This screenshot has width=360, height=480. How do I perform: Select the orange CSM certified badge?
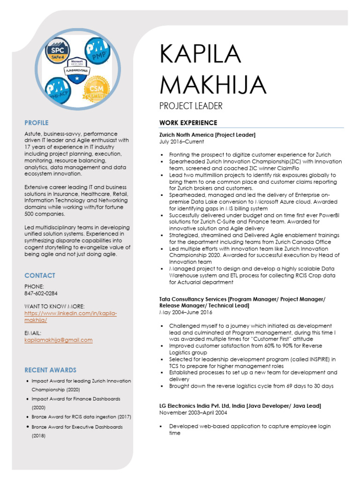tap(96, 89)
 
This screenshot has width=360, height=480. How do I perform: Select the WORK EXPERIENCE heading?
tap(188, 123)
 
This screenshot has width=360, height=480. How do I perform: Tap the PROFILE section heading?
tap(37, 123)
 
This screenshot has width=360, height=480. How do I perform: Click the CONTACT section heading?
tap(39, 276)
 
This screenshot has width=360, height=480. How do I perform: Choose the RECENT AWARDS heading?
tap(50, 370)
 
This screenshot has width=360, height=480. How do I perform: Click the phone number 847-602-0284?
tap(41, 293)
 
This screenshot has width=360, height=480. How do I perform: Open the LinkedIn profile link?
tap(70, 316)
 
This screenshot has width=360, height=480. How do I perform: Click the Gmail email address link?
tap(58, 340)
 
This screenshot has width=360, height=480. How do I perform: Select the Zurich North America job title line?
tap(207, 135)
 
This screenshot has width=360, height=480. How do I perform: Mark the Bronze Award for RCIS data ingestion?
tap(81, 417)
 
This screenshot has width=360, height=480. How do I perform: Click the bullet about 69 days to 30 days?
tap(251, 386)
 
